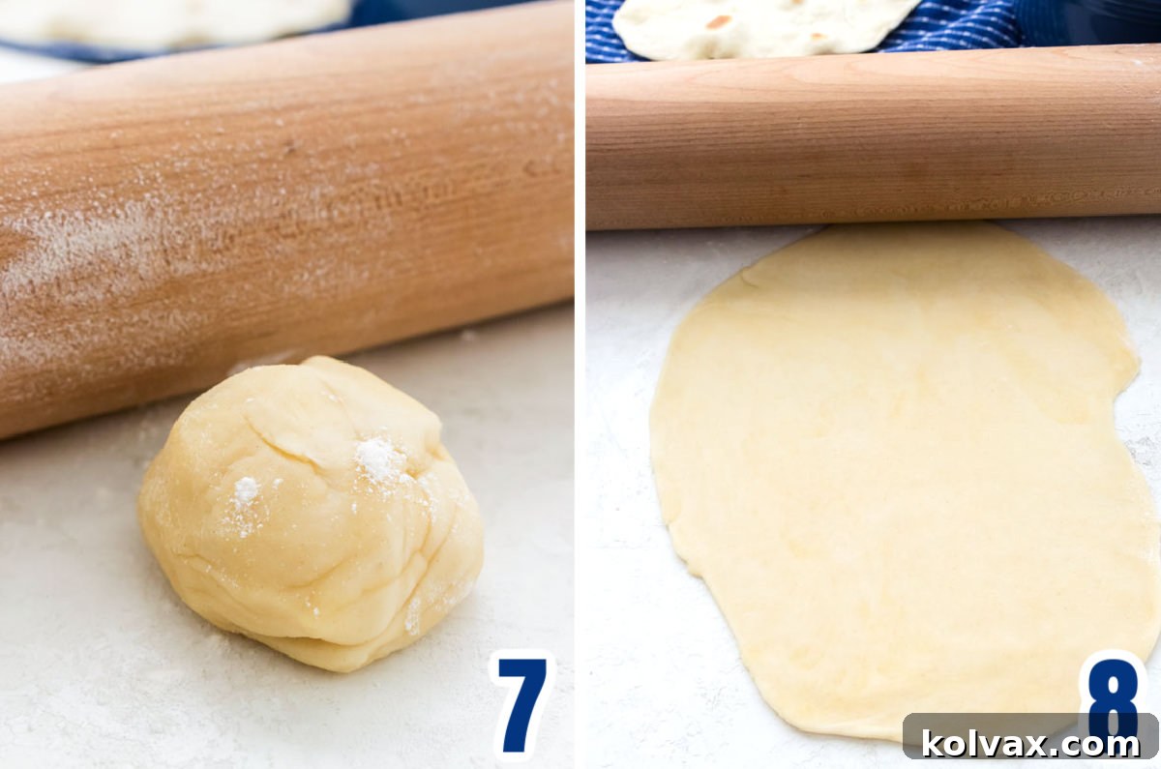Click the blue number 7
pos(521,701)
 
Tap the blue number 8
pos(1113,692)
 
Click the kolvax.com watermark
pos(1030,743)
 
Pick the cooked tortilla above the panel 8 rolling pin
pos(764,24)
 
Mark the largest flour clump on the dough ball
pos(379,458)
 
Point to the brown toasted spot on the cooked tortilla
pos(718,21)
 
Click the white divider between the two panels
pos(580,387)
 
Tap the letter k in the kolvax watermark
pos(933,743)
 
